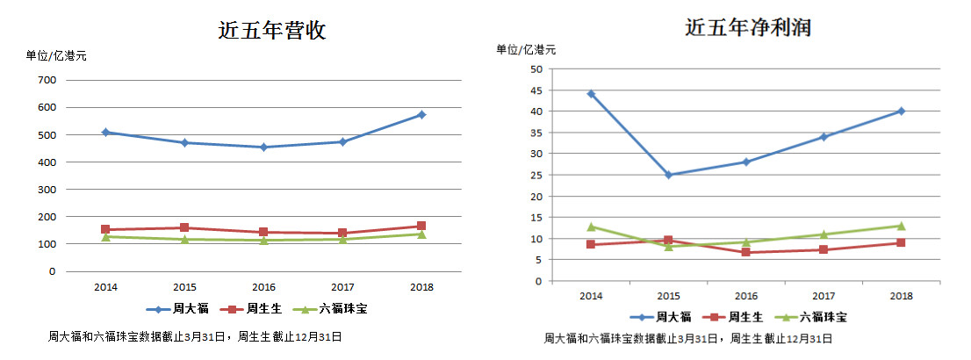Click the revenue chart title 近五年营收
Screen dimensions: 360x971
[x=272, y=31]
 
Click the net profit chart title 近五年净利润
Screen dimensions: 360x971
[x=747, y=28]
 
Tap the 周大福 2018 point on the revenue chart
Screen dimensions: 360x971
[x=421, y=114]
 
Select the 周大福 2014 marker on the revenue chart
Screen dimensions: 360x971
[x=106, y=132]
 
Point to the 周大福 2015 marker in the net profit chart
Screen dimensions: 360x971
[x=668, y=175]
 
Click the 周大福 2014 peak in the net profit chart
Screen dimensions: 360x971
[x=591, y=93]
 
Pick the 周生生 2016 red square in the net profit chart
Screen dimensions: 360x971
[x=746, y=252]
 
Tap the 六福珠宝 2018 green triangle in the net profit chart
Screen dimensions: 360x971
[x=901, y=226]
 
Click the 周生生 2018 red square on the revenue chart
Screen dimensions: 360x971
[x=421, y=227]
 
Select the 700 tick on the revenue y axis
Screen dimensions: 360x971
[x=47, y=80]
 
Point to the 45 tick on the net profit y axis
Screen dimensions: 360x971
[x=536, y=90]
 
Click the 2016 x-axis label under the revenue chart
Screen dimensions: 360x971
[x=264, y=287]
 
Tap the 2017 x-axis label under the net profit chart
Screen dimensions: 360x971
[x=823, y=297]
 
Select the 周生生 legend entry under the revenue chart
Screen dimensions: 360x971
[x=246, y=309]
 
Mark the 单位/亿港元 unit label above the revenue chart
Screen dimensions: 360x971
[x=56, y=55]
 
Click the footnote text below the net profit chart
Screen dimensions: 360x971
[x=687, y=338]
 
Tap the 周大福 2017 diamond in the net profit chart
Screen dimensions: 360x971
[x=824, y=136]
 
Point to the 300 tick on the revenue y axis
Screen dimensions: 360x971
[x=47, y=190]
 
